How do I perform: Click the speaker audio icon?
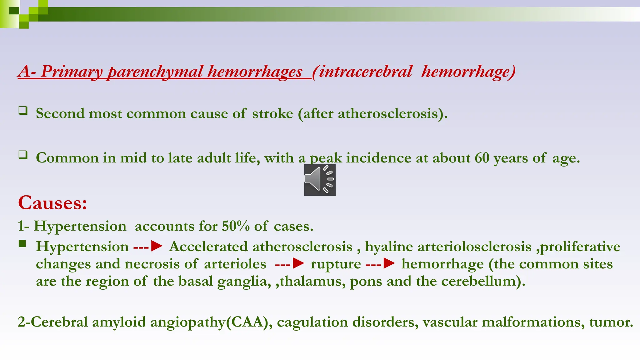click(x=320, y=180)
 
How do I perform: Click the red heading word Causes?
click(x=52, y=203)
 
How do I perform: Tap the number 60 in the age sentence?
click(x=482, y=158)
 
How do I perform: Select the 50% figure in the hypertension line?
click(x=236, y=226)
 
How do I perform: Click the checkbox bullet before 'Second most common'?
click(x=23, y=111)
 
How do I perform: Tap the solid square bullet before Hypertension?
click(x=22, y=244)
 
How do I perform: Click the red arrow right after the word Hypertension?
click(x=156, y=246)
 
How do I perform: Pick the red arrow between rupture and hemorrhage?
click(x=389, y=263)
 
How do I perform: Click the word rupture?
click(x=336, y=264)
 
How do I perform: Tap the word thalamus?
click(x=312, y=281)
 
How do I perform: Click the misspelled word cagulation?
click(x=312, y=322)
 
